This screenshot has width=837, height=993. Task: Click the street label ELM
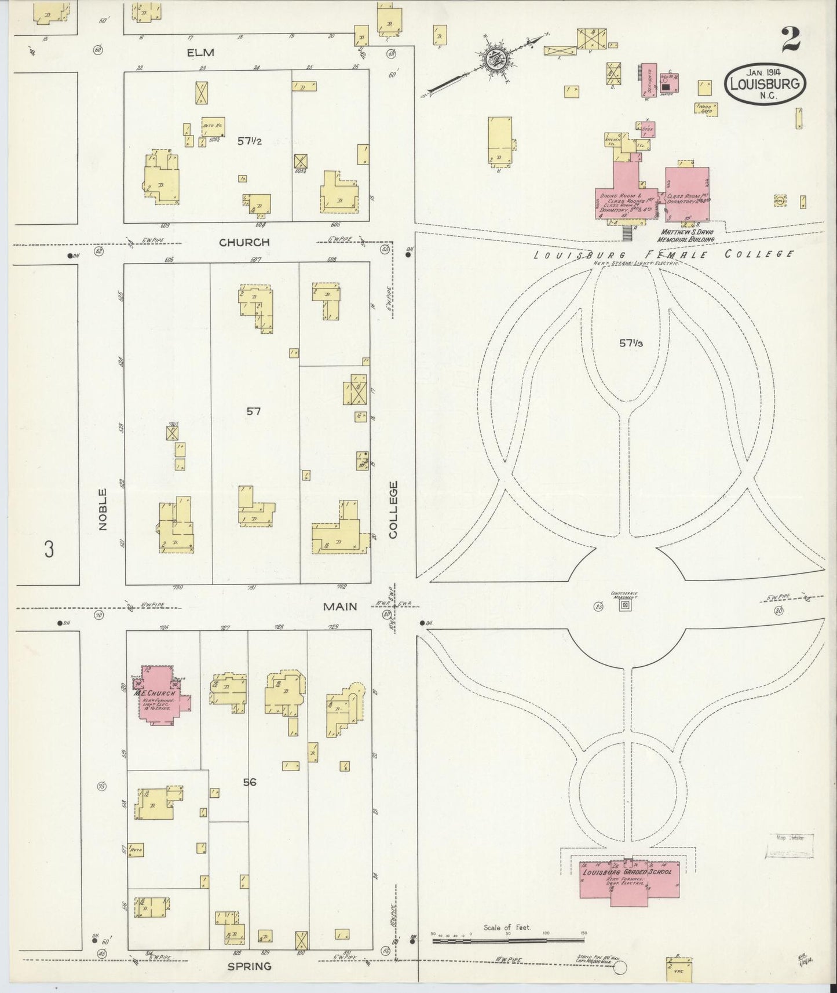[x=200, y=53]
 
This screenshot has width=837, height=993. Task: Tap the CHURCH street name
[x=244, y=242]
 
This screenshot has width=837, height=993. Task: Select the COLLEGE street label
[x=393, y=509]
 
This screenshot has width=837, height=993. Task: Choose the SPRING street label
[x=249, y=966]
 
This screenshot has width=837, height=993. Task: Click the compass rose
[x=497, y=59]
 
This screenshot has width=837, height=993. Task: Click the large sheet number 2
[x=790, y=39]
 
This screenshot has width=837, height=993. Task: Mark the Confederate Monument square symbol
[x=624, y=605]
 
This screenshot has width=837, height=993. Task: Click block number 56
[x=250, y=782]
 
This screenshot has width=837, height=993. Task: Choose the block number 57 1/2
[x=250, y=140]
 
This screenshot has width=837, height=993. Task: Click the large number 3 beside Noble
[x=49, y=548]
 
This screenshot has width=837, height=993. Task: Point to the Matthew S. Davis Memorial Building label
[x=688, y=235]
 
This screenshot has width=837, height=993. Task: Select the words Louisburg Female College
[x=663, y=254]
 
